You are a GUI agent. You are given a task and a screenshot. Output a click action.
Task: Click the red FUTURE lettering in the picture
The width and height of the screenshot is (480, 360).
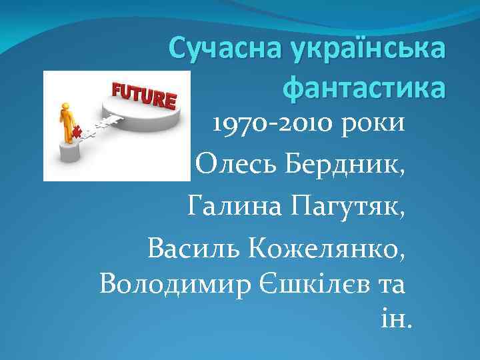click(x=143, y=97)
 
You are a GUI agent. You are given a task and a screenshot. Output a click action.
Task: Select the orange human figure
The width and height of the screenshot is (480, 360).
click(x=66, y=123)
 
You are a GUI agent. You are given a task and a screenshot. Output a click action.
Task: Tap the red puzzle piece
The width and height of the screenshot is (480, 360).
click(x=77, y=132)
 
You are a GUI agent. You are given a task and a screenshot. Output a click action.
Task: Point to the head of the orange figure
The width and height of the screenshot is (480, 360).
click(x=65, y=106)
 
